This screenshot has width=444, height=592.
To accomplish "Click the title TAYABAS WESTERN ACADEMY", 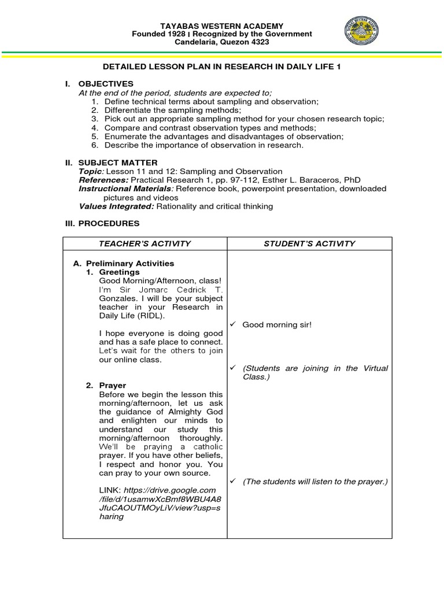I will [x=222, y=26].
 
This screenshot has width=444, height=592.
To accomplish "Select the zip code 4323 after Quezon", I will [x=259, y=42].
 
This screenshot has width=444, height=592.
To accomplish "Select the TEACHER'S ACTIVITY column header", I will [x=145, y=244].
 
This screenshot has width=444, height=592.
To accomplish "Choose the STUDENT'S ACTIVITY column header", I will [x=309, y=244].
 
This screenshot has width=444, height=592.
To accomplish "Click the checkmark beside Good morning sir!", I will [x=234, y=325].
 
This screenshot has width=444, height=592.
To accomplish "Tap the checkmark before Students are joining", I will [x=234, y=368].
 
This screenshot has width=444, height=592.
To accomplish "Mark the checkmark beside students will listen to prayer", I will [x=234, y=482].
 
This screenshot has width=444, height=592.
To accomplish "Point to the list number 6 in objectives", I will [x=94, y=145].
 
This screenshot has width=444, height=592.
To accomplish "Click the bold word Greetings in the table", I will [x=119, y=272].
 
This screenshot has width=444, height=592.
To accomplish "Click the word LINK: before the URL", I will [x=110, y=490].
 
